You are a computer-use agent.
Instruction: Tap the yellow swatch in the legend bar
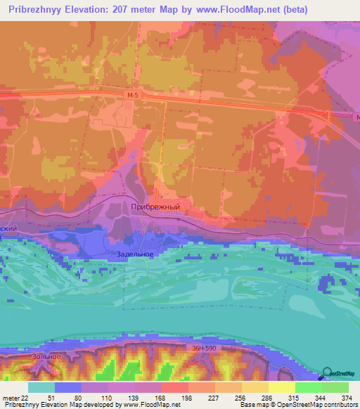pyautogui.click(x=281, y=388)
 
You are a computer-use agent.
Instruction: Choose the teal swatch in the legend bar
pyautogui.click(x=41, y=388)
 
